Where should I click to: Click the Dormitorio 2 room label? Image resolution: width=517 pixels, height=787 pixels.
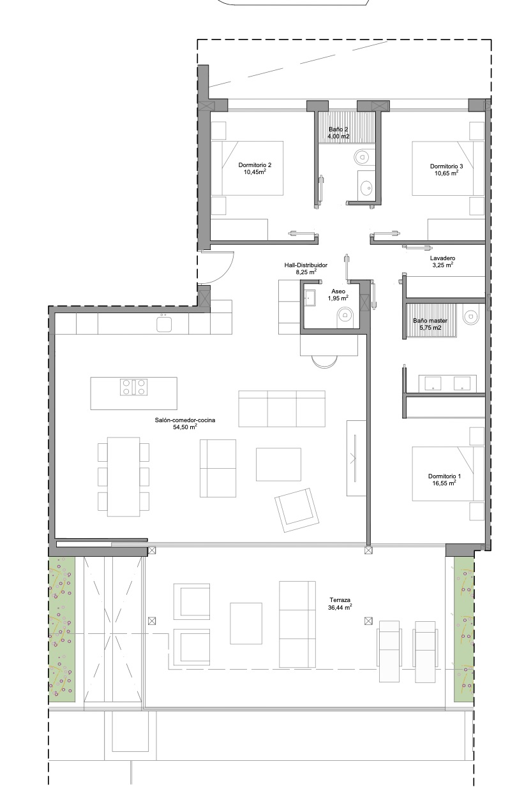point(255,165)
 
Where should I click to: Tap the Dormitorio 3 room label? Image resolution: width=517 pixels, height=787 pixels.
point(446,166)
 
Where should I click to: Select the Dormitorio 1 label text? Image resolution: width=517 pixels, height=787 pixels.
point(444,476)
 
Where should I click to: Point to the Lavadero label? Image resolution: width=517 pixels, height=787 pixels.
point(442,258)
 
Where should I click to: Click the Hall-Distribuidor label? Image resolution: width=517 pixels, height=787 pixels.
point(306,265)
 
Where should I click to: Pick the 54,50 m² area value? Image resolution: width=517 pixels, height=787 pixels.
point(185,427)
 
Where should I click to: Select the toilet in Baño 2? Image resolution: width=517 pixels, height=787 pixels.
point(362,157)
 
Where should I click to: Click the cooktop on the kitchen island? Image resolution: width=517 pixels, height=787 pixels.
point(133,387)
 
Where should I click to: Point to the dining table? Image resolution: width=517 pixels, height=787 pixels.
point(123,477)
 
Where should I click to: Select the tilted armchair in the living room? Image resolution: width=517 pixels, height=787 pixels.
point(297,510)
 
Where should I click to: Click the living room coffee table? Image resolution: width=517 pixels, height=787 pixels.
point(278,464)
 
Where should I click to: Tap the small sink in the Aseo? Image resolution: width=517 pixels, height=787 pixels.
point(310,298)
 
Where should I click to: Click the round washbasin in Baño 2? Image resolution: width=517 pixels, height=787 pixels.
point(366,187)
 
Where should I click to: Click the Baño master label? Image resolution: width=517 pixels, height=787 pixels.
point(430,320)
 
